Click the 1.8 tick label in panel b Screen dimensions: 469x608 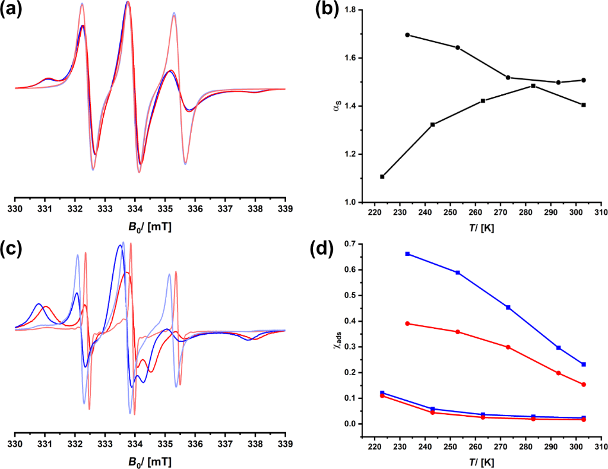tap(350, 10)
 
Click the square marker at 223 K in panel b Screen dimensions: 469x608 tap(382, 176)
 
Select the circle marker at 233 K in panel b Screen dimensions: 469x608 tap(407, 35)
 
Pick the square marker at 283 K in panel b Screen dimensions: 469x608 tap(533, 85)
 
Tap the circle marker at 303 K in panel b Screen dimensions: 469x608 tap(584, 80)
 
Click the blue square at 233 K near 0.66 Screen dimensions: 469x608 tap(407, 253)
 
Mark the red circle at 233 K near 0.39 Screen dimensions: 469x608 tap(407, 324)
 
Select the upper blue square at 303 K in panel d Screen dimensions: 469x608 tap(584, 365)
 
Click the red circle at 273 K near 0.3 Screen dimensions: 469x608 tap(508, 347)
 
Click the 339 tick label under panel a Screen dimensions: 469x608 tap(285, 210)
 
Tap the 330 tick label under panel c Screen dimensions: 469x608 tap(15, 443)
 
